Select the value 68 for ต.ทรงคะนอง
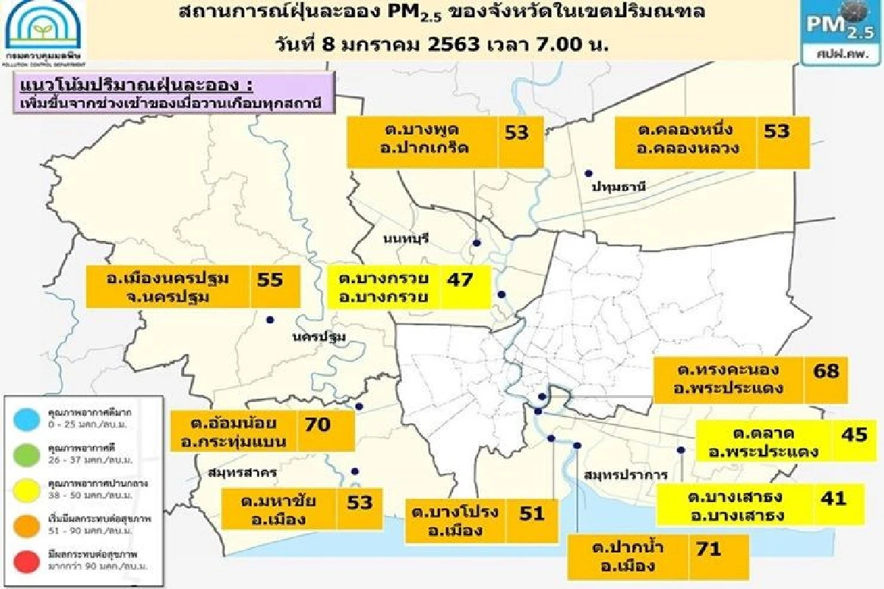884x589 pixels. coord(826,370)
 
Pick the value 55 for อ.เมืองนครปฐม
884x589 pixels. coord(269,279)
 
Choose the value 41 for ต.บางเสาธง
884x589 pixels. coord(834,498)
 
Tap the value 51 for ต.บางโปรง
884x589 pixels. coord(531,513)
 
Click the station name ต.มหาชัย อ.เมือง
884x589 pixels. coord(278,511)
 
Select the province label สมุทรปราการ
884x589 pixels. coord(616,475)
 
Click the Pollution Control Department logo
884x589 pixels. coord(43,30)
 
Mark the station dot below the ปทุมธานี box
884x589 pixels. coord(589,173)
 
